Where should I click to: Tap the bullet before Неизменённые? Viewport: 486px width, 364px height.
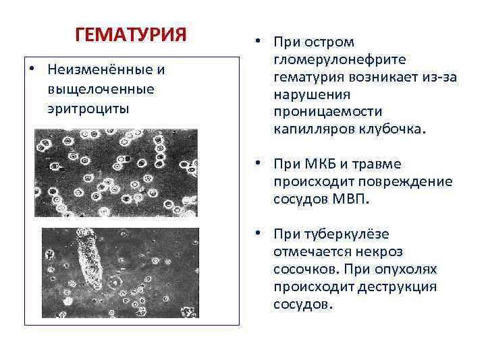point(32,70)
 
